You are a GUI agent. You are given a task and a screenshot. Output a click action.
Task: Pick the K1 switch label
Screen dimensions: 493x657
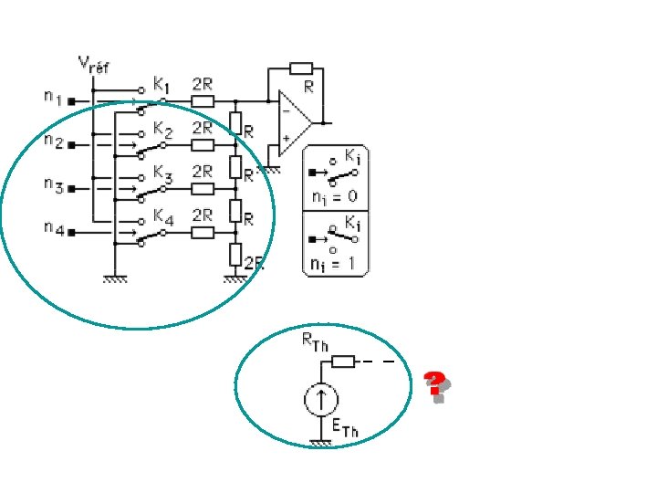tap(162, 84)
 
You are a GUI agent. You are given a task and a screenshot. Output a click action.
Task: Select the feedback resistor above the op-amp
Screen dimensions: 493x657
tap(301, 68)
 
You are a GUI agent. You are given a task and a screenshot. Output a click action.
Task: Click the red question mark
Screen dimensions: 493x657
tap(436, 383)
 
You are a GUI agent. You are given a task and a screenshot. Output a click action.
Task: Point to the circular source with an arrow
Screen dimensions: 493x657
tap(320, 399)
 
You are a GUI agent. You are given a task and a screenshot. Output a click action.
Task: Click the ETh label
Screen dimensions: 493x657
tap(345, 427)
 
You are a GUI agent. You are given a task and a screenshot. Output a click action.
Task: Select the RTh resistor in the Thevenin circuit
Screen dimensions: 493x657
tap(342, 362)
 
